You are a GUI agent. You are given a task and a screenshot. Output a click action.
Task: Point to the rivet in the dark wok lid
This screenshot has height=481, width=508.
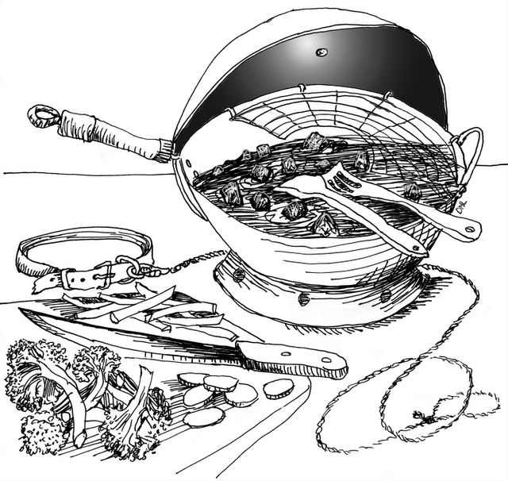click(321, 52)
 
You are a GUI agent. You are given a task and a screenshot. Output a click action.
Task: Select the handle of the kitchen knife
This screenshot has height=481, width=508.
click(294, 357)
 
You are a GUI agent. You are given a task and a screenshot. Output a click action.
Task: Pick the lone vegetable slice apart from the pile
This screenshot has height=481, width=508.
click(278, 388)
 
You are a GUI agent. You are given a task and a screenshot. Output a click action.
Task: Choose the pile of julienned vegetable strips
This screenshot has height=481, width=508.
click(159, 310)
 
